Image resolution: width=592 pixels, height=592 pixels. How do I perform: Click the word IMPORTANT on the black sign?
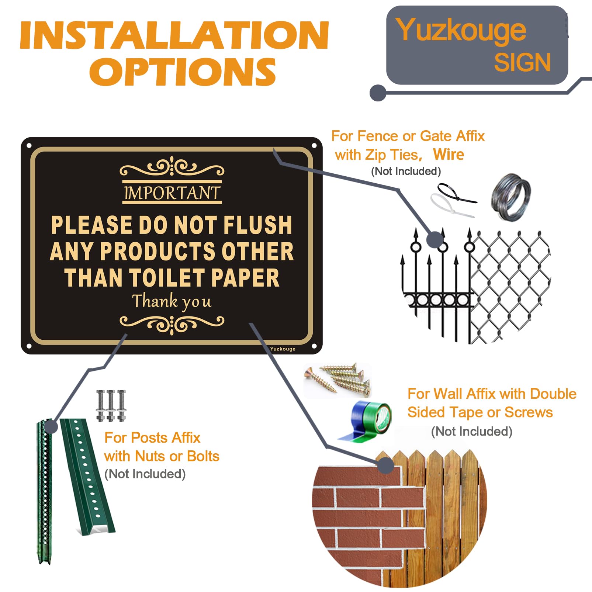(172, 193)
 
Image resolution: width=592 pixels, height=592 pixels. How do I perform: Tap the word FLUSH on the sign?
(258, 225)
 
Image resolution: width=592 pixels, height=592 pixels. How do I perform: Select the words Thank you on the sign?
(172, 301)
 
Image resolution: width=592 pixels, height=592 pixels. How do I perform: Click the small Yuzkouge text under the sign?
(283, 349)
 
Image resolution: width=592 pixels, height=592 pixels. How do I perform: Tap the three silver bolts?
(111, 405)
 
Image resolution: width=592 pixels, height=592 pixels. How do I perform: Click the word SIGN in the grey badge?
(522, 62)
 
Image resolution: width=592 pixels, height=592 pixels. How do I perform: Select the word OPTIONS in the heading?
(183, 72)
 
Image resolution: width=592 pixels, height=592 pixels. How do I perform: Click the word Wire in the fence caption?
(449, 154)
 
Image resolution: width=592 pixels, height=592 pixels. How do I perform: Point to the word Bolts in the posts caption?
(203, 456)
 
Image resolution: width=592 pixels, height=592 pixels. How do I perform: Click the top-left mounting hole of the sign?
(29, 146)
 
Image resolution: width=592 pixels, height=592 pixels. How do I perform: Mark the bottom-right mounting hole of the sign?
(314, 346)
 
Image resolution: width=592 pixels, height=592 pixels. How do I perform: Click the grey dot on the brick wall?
(386, 465)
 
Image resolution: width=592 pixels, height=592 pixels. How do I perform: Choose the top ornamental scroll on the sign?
(172, 167)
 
